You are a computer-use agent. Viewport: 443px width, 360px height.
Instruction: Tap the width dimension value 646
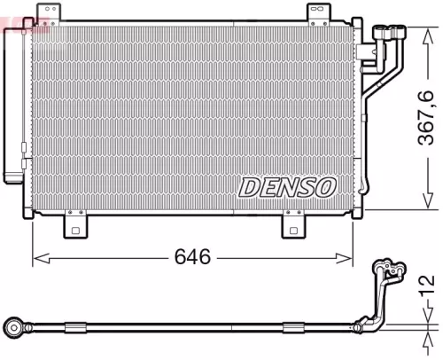click(192, 257)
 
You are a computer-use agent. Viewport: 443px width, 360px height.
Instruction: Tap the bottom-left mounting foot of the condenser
click(77, 227)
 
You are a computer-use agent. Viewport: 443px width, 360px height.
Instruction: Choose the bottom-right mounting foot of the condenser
click(295, 227)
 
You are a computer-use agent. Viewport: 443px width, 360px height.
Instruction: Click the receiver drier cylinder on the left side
click(13, 102)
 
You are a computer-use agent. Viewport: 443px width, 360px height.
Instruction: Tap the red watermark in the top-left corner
click(12, 26)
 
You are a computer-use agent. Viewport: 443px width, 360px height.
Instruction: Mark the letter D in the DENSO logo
click(249, 186)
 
